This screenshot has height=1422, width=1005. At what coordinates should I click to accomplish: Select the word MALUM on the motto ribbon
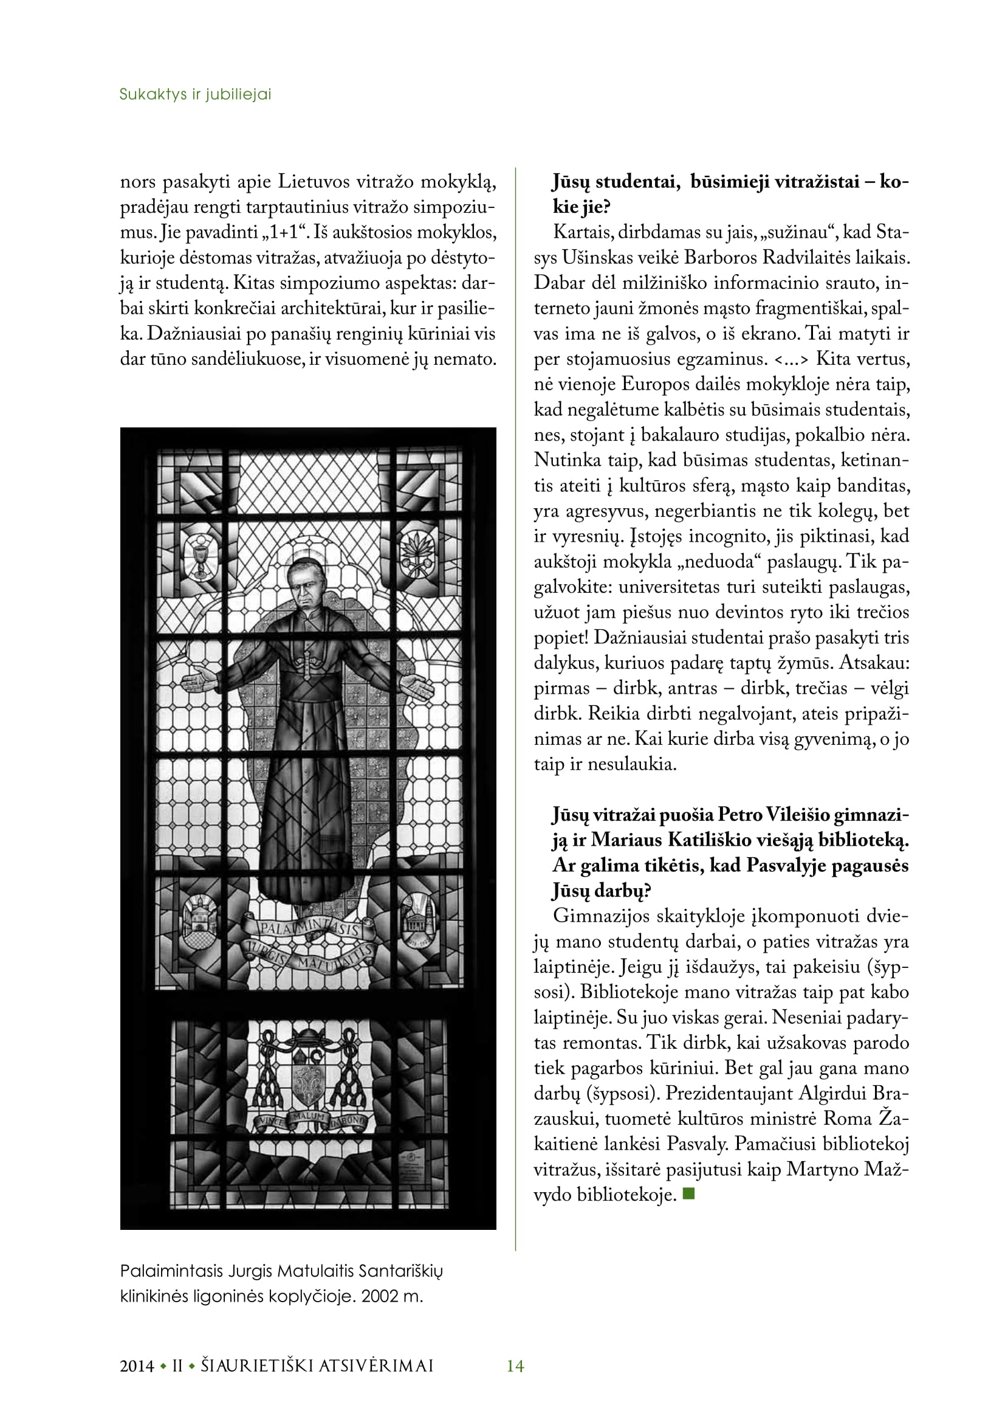point(307,1117)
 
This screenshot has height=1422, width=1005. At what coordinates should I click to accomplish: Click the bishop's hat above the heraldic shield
point(307,1040)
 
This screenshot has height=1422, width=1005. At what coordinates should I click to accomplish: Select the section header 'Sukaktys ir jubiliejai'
point(195,94)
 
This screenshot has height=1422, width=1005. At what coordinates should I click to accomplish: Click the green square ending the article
point(688,1193)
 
